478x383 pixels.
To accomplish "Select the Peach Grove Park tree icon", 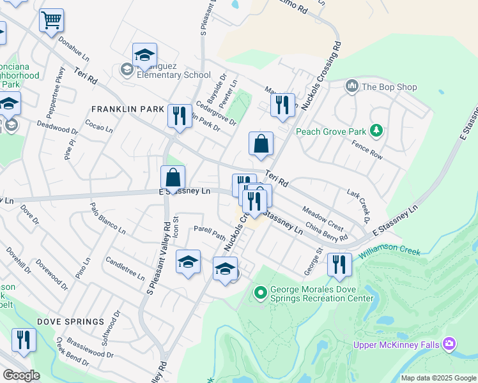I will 377,131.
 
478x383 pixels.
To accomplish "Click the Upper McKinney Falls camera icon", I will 449,345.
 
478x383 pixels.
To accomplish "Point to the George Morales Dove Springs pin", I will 260,293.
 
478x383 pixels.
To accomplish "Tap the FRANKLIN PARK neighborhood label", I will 128,109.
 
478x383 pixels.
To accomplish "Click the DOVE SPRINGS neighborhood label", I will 70,321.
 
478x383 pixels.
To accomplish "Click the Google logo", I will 22,375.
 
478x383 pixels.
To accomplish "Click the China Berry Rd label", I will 327,232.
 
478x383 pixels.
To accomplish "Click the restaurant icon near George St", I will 339,264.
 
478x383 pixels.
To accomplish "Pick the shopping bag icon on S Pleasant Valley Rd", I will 173,179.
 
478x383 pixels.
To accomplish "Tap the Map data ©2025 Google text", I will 438,378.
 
